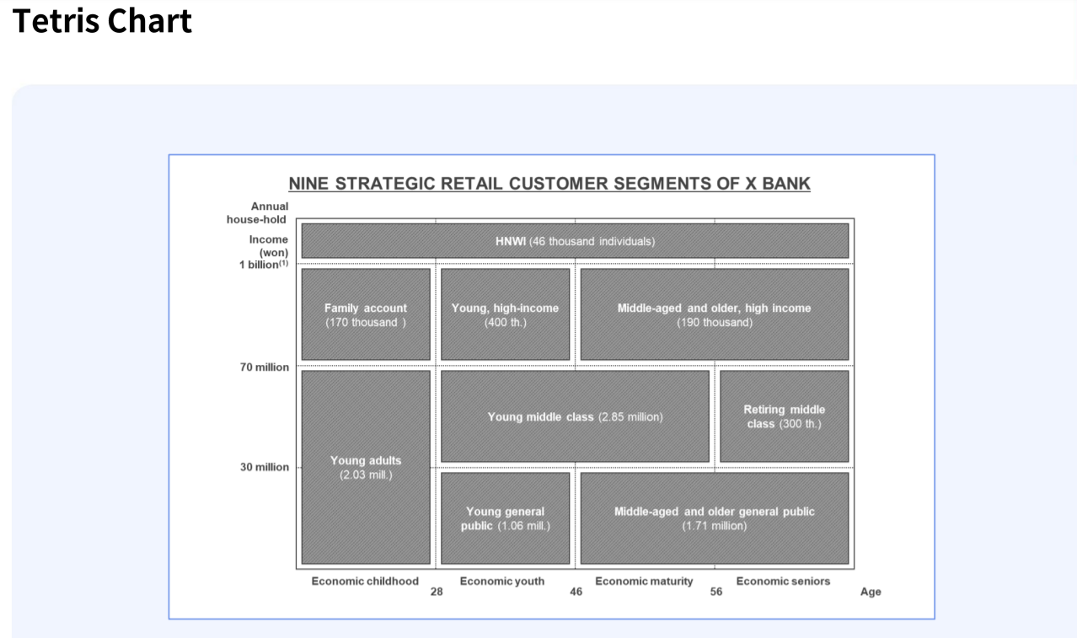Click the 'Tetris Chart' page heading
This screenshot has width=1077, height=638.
103,20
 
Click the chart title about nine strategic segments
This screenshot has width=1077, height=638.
549,184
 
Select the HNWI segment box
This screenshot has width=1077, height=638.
575,241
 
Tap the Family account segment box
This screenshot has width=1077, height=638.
366,314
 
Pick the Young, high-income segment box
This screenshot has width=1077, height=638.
505,314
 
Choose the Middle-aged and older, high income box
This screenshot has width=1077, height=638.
714,314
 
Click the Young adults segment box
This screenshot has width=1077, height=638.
366,467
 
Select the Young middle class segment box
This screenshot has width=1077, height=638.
575,416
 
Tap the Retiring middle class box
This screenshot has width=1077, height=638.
784,416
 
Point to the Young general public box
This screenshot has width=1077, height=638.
505,518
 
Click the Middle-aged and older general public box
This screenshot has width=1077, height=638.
714,518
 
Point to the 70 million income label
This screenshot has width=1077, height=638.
265,367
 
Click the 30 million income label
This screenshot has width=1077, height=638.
265,467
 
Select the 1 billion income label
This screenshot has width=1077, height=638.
263,264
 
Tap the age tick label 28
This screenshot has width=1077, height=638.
437,592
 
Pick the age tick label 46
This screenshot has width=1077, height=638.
576,592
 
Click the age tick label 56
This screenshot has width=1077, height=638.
716,592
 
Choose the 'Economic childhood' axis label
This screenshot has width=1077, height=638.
365,581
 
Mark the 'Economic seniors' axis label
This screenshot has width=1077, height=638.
783,581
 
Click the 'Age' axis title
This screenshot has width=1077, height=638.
871,592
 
